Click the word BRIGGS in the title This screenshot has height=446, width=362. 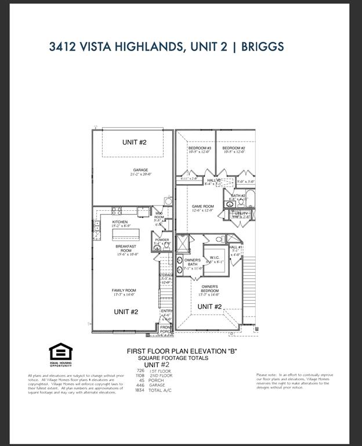[x=262, y=46]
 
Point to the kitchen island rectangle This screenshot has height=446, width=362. [x=127, y=235]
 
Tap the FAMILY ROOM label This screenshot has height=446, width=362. [x=124, y=292]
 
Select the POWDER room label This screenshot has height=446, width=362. [x=162, y=240]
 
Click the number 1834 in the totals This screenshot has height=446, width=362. [x=140, y=390]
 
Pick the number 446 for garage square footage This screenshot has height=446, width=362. [x=140, y=385]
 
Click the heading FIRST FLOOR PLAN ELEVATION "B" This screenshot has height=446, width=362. [x=182, y=352]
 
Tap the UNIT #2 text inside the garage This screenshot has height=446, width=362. [x=134, y=142]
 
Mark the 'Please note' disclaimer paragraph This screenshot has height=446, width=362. [x=295, y=381]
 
